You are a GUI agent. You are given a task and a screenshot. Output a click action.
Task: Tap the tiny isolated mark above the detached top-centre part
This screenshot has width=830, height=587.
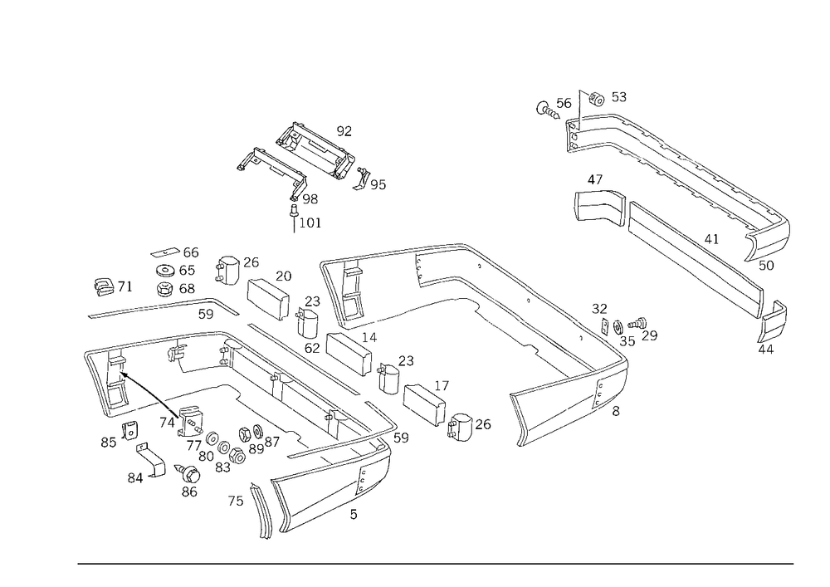click(x=344, y=128)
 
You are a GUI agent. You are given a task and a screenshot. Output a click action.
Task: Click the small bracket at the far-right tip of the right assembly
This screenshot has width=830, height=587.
click(x=772, y=328)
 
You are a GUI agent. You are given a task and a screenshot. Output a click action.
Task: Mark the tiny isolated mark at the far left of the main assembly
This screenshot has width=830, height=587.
click(x=105, y=288)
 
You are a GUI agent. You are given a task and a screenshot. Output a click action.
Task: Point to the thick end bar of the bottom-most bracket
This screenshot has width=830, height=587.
click(x=261, y=511)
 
